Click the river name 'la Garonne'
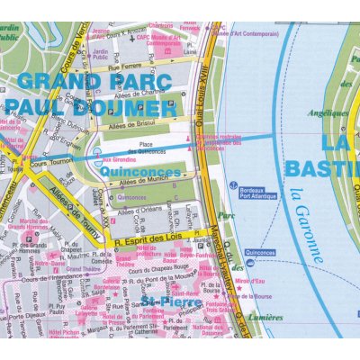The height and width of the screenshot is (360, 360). [x=307, y=225]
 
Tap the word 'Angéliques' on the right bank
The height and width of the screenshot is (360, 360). [x=327, y=113]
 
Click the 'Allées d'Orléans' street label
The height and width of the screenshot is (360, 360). [x=139, y=210]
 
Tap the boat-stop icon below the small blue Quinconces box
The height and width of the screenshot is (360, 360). [x=249, y=263]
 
